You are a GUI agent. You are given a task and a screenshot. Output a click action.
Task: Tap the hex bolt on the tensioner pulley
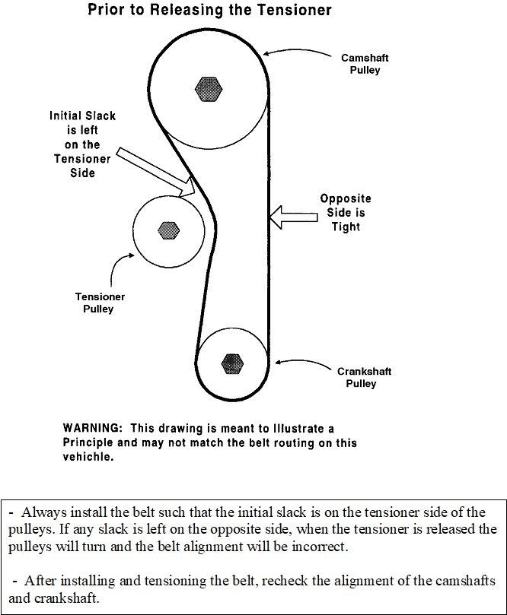[167, 228]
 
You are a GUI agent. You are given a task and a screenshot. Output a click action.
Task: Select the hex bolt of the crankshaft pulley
[232, 363]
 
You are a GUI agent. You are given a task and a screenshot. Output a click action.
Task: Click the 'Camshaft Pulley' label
[360, 64]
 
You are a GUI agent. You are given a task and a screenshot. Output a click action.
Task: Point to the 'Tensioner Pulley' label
[99, 303]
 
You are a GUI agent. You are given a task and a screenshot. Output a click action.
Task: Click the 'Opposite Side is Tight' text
[345, 213]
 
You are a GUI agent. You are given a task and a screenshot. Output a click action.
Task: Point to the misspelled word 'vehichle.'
[91, 457]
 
